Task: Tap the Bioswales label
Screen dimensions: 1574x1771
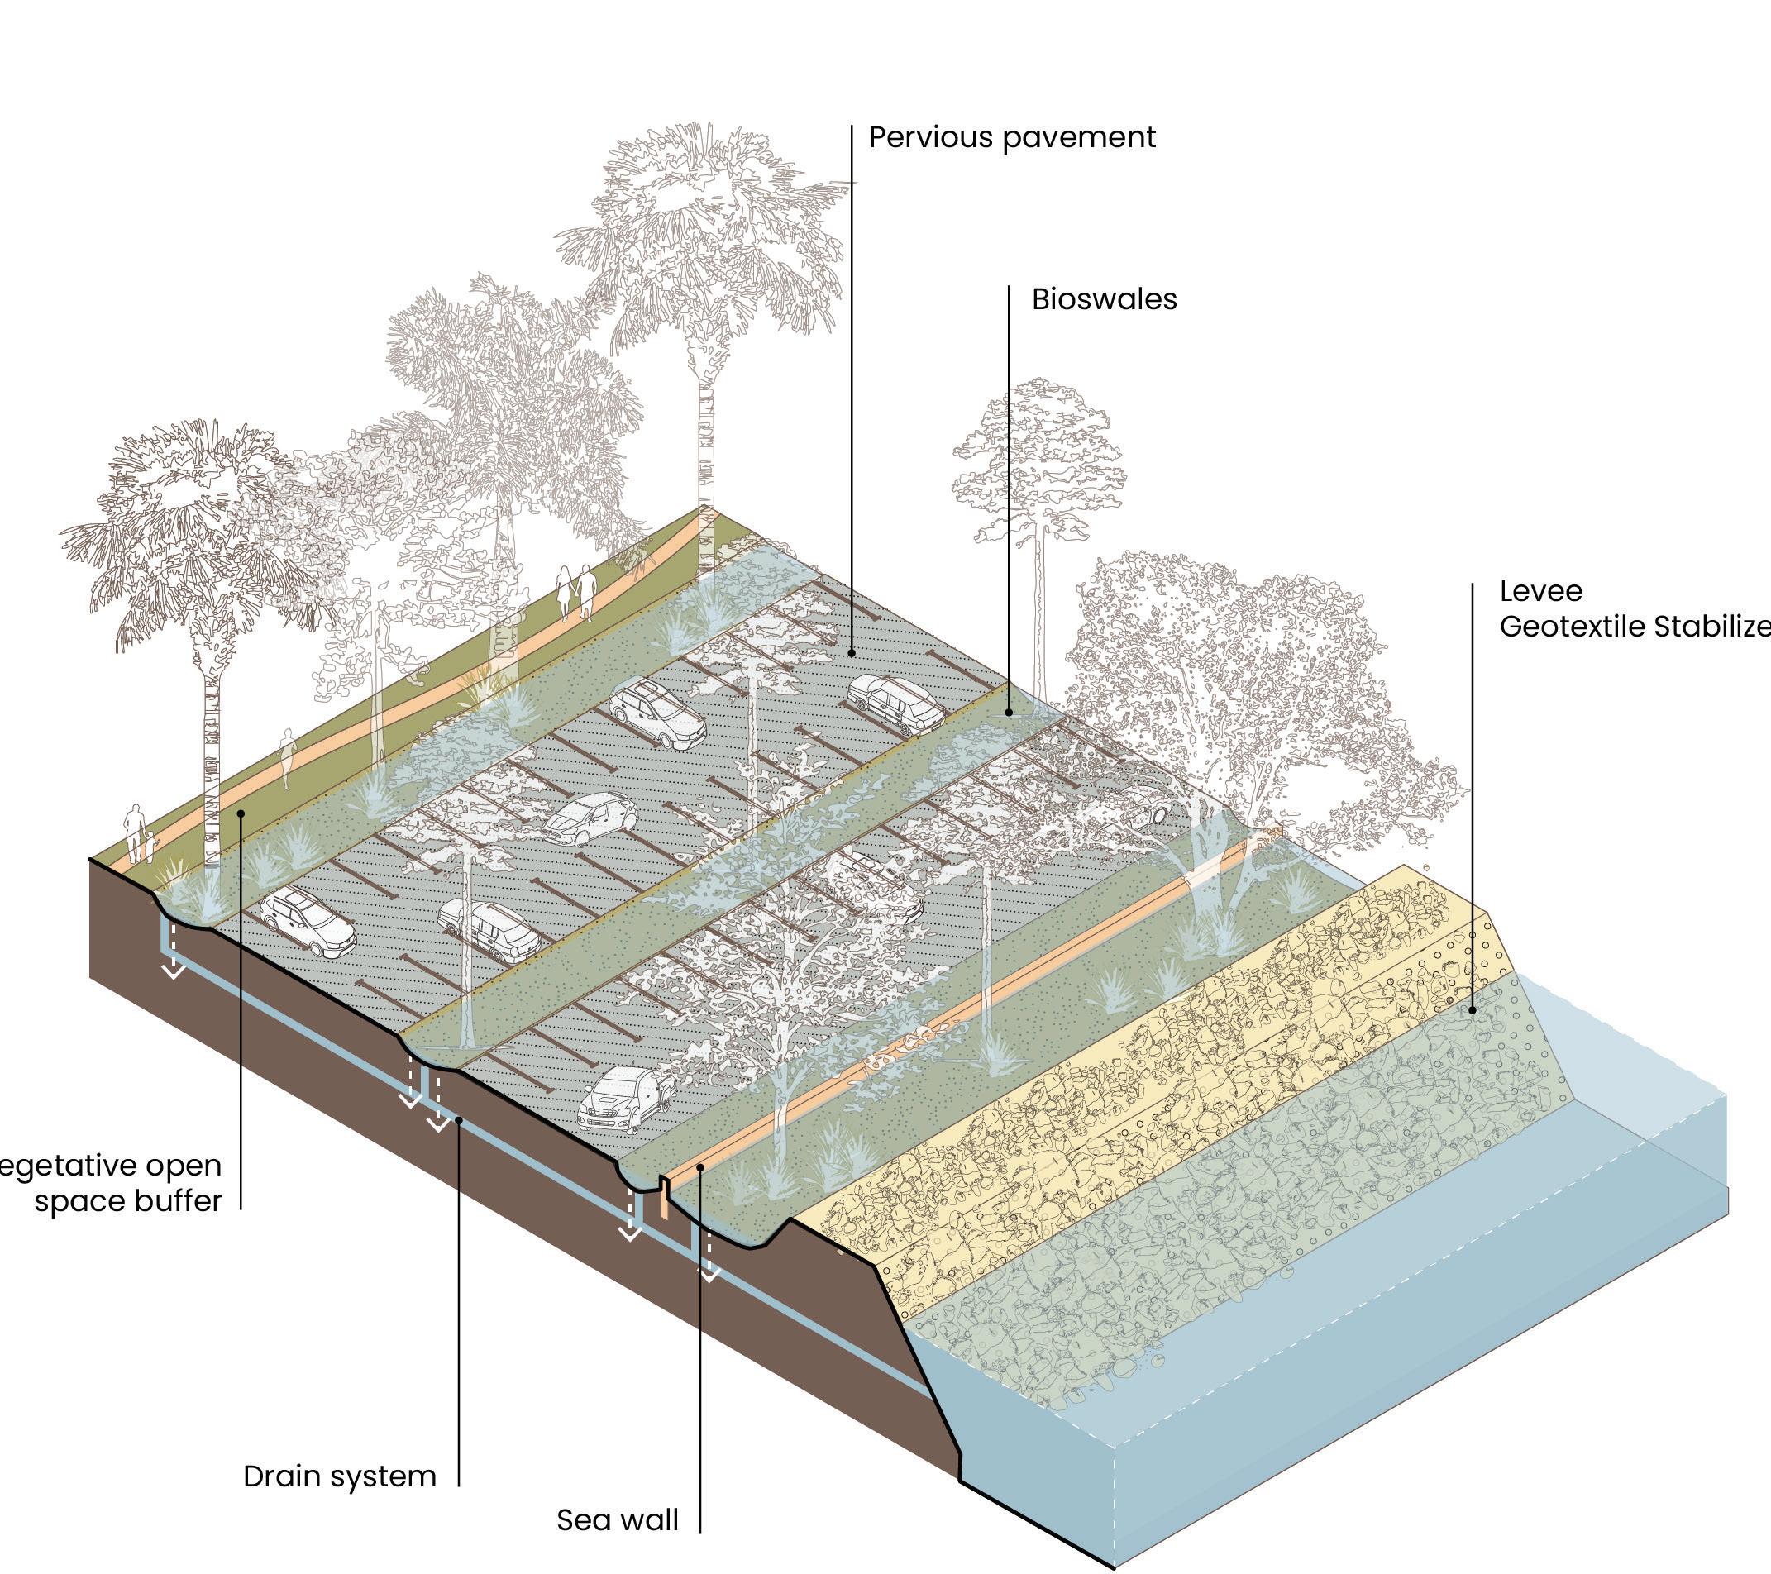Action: tap(1104, 300)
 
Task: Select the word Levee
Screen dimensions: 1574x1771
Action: tap(1540, 592)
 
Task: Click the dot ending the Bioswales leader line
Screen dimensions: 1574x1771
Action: tap(1009, 713)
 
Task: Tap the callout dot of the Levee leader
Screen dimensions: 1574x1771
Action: tap(1472, 1010)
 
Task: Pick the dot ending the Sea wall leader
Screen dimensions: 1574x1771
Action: tap(700, 1169)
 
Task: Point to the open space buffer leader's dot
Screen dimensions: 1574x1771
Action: tap(241, 813)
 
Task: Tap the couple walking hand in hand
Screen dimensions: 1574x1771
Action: tap(575, 592)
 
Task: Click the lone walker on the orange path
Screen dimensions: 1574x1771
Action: tap(287, 757)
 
